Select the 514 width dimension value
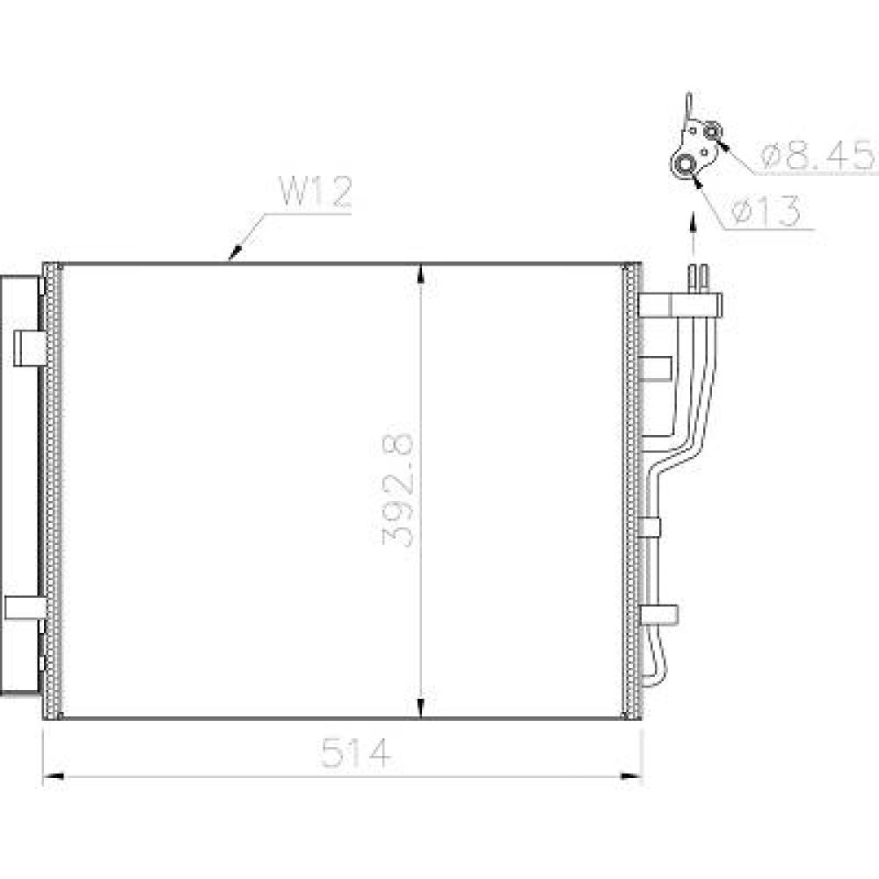tap(355, 754)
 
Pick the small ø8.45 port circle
tap(712, 132)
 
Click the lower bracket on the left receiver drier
tap(25, 607)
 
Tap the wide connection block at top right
tap(681, 305)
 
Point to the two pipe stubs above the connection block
tap(699, 277)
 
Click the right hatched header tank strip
tap(632, 490)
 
